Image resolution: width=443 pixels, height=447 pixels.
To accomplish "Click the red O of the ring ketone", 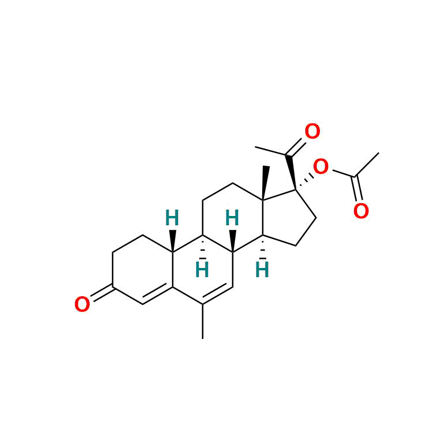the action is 82,304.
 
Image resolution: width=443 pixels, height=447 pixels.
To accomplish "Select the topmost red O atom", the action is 312,131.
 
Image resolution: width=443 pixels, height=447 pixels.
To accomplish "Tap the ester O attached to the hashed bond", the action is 321,167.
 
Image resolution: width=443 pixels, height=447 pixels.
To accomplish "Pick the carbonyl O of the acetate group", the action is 361,211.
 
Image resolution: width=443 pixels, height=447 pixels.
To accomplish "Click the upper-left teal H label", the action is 172,218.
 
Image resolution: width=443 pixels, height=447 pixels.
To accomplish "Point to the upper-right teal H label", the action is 232,218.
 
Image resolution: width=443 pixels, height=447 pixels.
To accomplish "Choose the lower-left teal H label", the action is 202,270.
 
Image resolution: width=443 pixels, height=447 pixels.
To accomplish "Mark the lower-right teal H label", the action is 262,270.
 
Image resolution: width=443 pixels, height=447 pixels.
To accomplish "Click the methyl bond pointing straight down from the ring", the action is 203,321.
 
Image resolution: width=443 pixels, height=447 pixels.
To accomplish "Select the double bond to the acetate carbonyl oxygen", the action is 358,189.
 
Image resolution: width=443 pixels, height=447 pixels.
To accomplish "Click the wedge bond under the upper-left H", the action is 173,241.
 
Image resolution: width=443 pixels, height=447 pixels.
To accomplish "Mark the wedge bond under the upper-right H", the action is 233,241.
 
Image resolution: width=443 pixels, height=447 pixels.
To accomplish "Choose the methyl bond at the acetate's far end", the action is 367,165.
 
